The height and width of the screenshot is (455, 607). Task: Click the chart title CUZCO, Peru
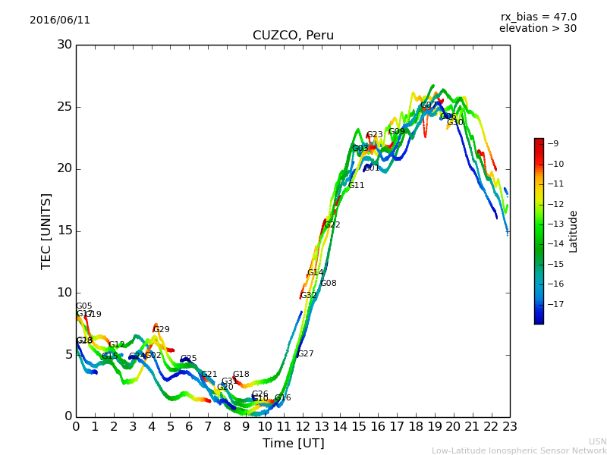click(293, 36)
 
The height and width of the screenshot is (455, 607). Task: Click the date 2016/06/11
click(60, 20)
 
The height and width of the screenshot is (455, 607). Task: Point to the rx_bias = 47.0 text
click(538, 17)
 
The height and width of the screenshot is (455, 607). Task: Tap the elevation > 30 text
click(537, 29)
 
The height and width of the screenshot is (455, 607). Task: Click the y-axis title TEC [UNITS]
click(46, 231)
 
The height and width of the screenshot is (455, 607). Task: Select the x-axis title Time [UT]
click(293, 443)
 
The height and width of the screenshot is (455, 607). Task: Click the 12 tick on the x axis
click(302, 427)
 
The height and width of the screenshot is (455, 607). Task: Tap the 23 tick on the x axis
click(510, 427)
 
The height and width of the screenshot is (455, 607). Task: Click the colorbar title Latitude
click(574, 231)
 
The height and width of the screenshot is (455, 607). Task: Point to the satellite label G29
click(162, 330)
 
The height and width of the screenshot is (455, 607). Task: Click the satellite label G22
click(332, 225)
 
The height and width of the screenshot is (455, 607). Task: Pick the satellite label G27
click(305, 354)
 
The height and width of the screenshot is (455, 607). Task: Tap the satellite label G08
click(329, 284)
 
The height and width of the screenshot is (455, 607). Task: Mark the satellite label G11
click(357, 186)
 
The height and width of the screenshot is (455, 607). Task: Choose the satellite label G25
click(188, 359)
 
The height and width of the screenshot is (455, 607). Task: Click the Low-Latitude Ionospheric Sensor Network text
click(519, 450)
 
